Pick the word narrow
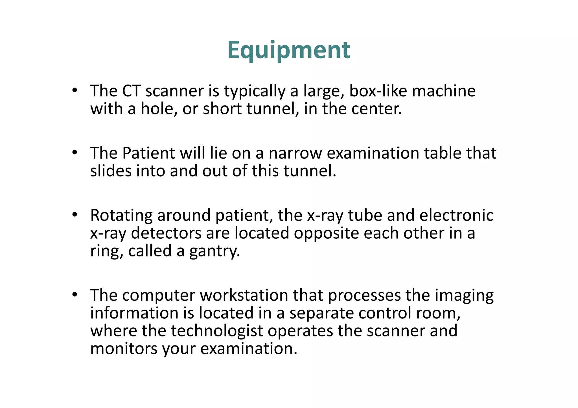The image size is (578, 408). click(295, 153)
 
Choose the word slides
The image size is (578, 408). click(111, 171)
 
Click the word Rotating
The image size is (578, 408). click(121, 216)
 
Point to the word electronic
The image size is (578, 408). click(456, 216)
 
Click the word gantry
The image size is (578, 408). click(214, 251)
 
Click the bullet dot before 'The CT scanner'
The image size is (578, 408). click(75, 91)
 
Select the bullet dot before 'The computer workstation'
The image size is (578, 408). click(75, 295)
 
